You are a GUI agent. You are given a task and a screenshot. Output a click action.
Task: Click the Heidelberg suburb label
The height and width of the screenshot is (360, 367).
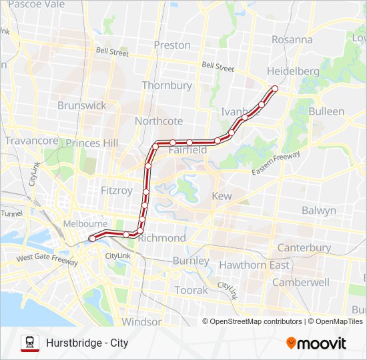(293, 71)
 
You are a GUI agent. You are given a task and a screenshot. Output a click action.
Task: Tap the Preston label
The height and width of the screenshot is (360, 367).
(172, 45)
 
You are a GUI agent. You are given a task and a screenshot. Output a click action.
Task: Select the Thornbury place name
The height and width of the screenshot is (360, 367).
(166, 85)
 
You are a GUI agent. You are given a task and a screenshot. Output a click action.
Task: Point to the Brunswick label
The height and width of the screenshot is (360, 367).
(81, 105)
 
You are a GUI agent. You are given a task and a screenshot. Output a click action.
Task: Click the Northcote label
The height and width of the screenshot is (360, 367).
(158, 121)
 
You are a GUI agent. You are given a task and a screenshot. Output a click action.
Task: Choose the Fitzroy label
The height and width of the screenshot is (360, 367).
(117, 190)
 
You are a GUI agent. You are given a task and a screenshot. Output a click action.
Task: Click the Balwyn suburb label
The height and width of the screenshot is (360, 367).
(318, 210)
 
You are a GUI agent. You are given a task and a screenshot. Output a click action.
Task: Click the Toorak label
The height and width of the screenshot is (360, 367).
(192, 290)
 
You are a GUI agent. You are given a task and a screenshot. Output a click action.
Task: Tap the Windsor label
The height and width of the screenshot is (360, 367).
(141, 321)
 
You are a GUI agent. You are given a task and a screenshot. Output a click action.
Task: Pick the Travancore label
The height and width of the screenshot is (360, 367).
(31, 141)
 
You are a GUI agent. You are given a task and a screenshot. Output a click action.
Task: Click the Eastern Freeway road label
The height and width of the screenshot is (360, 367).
(276, 164)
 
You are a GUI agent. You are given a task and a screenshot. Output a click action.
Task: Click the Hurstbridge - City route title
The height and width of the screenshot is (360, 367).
(87, 343)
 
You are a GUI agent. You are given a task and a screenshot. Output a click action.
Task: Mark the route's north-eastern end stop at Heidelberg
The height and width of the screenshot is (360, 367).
(274, 88)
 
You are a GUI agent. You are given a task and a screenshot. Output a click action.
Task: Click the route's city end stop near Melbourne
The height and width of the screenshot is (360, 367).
(92, 238)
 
